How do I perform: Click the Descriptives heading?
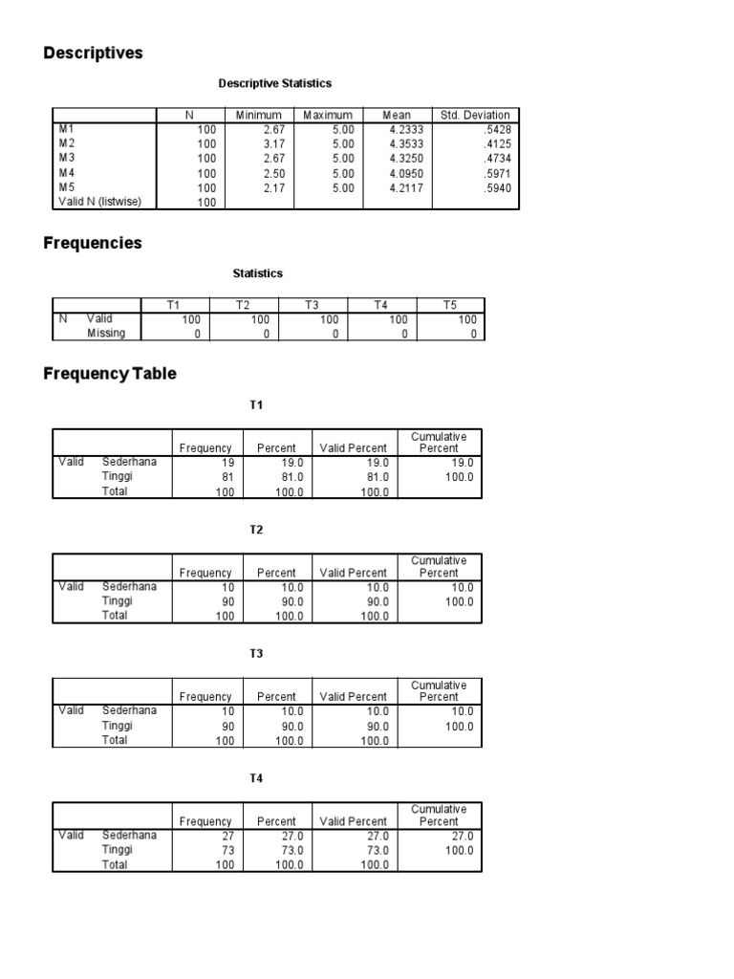[93, 54]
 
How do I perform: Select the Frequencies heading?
[92, 244]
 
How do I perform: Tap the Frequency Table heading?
[110, 374]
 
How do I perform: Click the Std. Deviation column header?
[475, 115]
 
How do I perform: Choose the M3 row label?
[66, 158]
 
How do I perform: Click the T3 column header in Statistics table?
[312, 305]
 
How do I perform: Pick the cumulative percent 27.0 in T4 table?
[460, 836]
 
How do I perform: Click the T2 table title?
[256, 530]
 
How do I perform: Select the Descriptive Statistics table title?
[275, 84]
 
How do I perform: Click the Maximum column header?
[328, 115]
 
